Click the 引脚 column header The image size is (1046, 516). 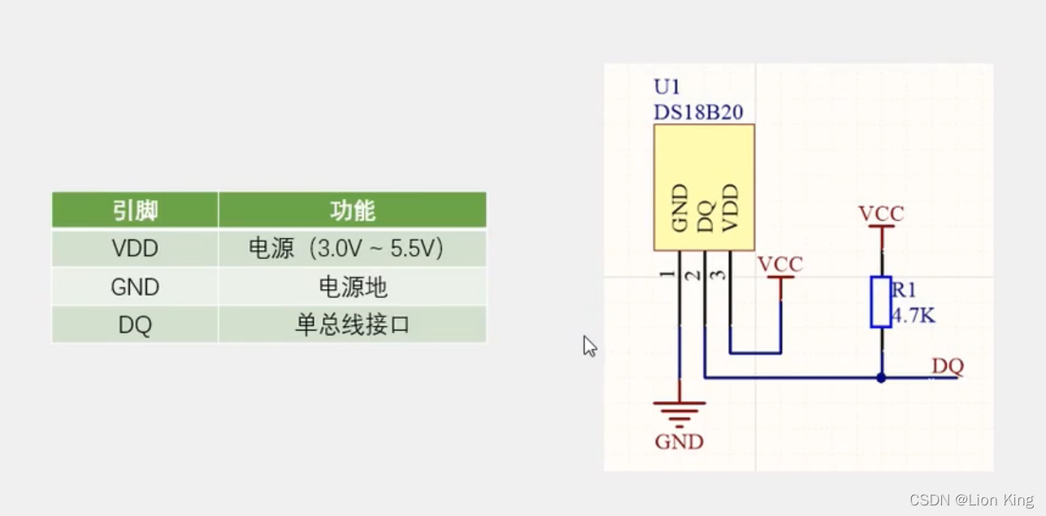[135, 210]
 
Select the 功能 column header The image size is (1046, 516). [352, 210]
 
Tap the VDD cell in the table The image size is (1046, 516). [135, 249]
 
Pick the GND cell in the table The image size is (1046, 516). [135, 287]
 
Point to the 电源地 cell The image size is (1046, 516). [352, 287]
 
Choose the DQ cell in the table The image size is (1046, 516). [135, 325]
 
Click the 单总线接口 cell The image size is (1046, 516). [352, 325]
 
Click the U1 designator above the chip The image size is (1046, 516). [666, 87]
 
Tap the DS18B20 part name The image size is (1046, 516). [698, 112]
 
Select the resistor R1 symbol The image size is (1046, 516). [881, 301]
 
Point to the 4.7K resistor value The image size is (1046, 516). [914, 315]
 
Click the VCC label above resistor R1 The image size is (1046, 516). [881, 214]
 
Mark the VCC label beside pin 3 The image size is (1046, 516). [779, 264]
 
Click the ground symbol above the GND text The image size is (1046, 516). [679, 413]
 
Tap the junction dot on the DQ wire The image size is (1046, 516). [881, 378]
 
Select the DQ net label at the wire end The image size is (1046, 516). [947, 366]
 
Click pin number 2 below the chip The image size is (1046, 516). [693, 275]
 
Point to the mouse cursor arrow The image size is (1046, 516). [589, 346]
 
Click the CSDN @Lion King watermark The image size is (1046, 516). [971, 500]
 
